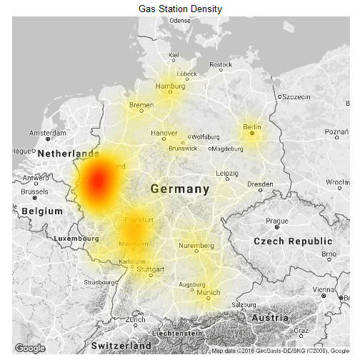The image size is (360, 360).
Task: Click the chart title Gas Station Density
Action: pyautogui.click(x=180, y=9)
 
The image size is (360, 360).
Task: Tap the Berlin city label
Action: pyautogui.click(x=252, y=126)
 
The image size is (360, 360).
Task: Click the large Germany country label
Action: pyautogui.click(x=180, y=189)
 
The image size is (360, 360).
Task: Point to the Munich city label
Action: pyautogui.click(x=209, y=292)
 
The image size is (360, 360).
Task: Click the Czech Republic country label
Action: pyautogui.click(x=293, y=241)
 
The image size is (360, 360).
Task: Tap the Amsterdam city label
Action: pyautogui.click(x=48, y=134)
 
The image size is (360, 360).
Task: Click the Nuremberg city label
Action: pyautogui.click(x=196, y=246)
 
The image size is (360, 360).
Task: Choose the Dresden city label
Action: pyautogui.click(x=260, y=184)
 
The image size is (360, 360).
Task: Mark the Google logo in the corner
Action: pyautogui.click(x=30, y=348)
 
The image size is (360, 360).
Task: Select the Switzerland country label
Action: pyautogui.click(x=121, y=346)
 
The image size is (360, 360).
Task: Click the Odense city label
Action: pyautogui.click(x=180, y=20)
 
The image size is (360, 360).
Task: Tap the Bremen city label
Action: pyautogui.click(x=141, y=105)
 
